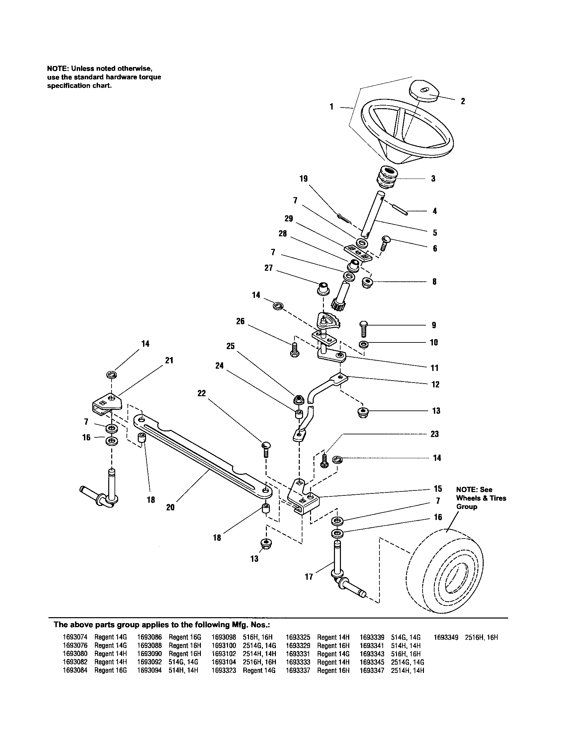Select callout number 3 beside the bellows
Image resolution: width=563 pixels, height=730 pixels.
coord(433,179)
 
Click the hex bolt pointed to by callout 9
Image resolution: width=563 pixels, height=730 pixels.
coord(364,328)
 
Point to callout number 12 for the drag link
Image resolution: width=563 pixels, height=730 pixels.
coord(435,384)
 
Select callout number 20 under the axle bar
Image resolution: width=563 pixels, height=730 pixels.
coord(170,507)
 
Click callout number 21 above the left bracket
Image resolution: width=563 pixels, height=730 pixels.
coord(169,360)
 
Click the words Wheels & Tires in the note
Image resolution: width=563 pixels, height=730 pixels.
coord(481,498)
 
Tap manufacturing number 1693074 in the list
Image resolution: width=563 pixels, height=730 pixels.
coord(75,637)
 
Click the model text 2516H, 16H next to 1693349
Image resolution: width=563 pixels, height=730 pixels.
coord(481,637)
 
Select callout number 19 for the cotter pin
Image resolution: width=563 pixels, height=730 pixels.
coord(303,179)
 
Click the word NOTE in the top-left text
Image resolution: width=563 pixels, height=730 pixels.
coord(57,69)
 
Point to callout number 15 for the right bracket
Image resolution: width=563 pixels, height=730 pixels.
coord(438,489)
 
